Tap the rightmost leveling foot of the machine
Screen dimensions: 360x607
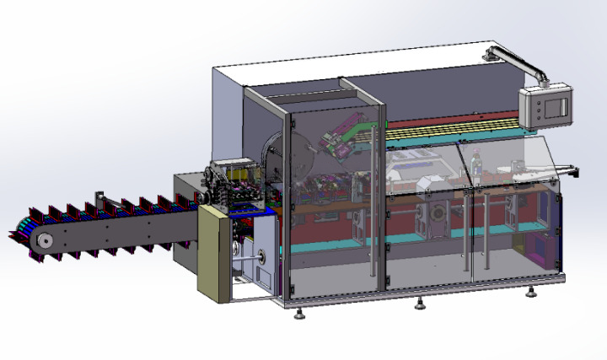click(530, 293)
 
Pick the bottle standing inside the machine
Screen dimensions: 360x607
click(478, 166)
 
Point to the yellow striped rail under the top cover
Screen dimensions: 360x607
click(455, 132)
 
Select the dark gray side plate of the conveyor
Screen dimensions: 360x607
click(118, 236)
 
